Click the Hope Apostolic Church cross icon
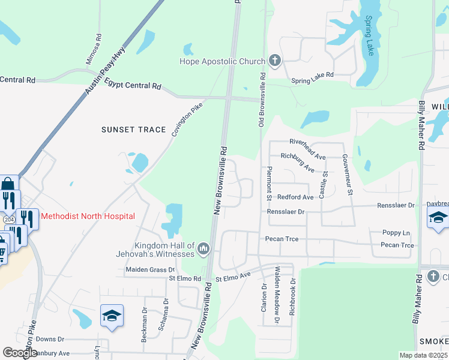pos(275,61)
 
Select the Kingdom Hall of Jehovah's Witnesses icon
pos(203,248)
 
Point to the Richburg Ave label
pos(298,162)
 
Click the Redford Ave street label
pos(295,197)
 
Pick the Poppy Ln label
pos(396,233)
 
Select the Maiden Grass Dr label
pos(149,270)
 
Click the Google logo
pos(20,352)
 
